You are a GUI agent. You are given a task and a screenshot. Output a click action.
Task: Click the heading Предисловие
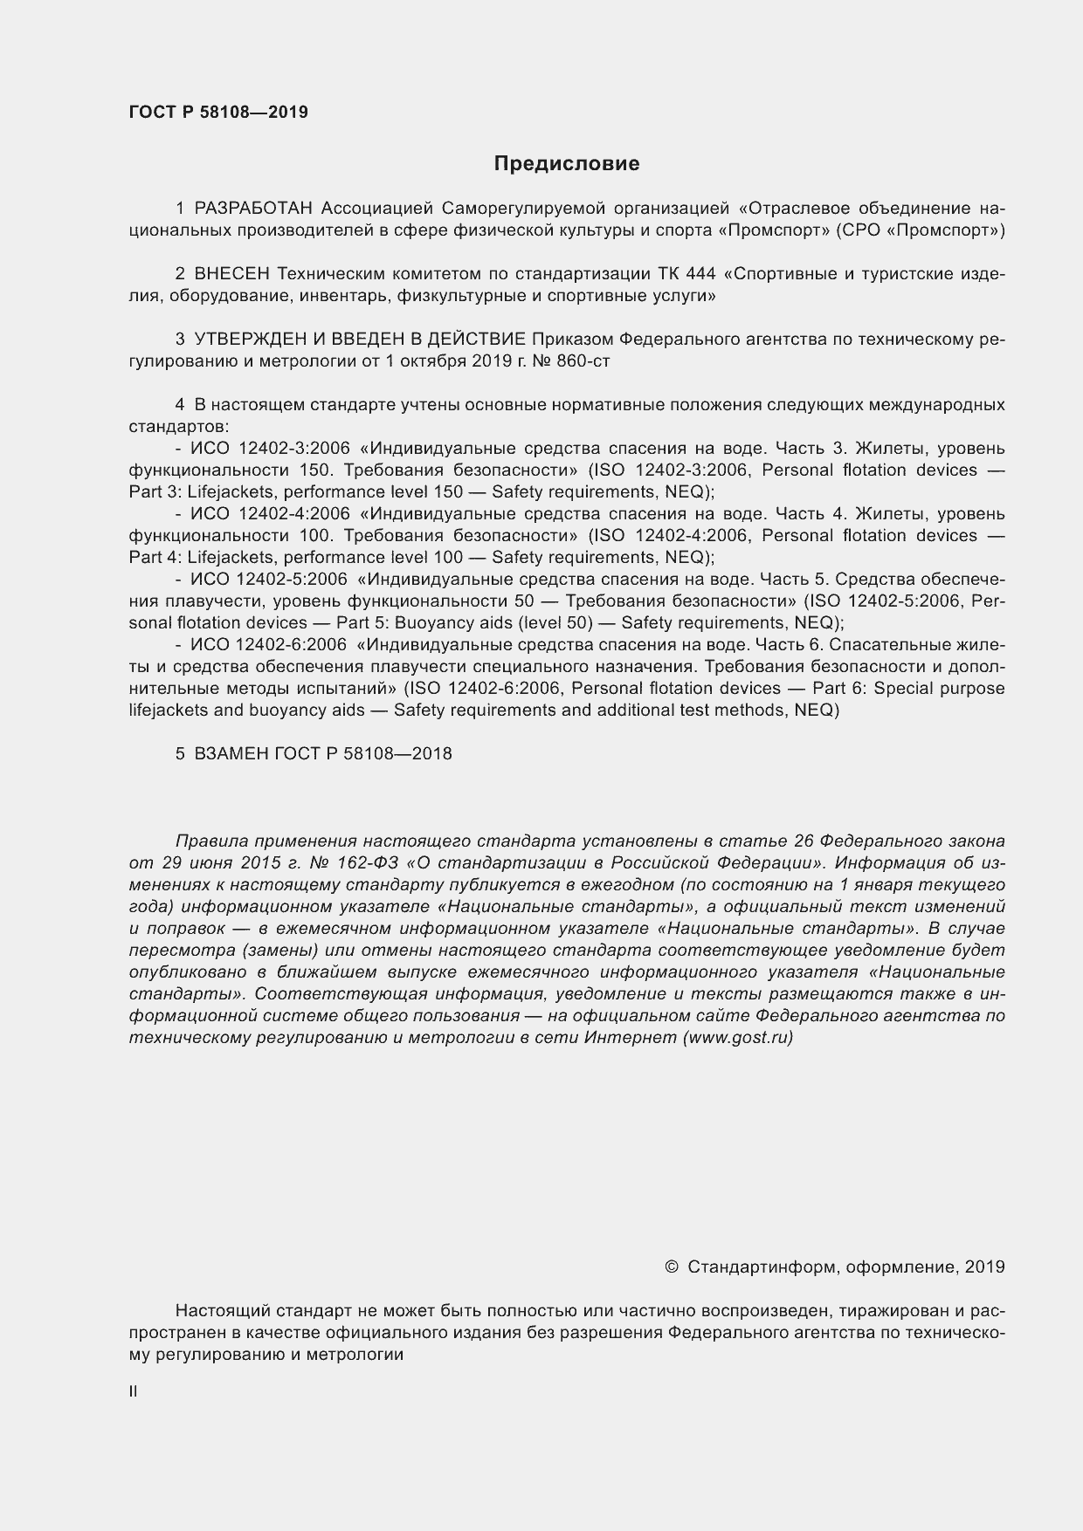click(x=566, y=163)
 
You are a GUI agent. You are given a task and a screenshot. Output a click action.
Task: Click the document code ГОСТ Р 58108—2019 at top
click(x=218, y=113)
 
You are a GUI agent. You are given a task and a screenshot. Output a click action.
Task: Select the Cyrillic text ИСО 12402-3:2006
click(x=271, y=449)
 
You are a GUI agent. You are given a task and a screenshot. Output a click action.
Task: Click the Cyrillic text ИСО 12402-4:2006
click(x=271, y=514)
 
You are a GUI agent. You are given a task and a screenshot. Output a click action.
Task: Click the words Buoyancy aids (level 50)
click(x=495, y=623)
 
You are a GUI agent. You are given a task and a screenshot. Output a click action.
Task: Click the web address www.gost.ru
click(x=738, y=1038)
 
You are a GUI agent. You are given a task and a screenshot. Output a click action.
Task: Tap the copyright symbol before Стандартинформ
click(x=672, y=1267)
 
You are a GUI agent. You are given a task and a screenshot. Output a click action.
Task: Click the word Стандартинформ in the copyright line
click(x=762, y=1267)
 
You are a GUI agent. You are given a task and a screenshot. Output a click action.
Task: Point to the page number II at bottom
click(x=134, y=1392)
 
